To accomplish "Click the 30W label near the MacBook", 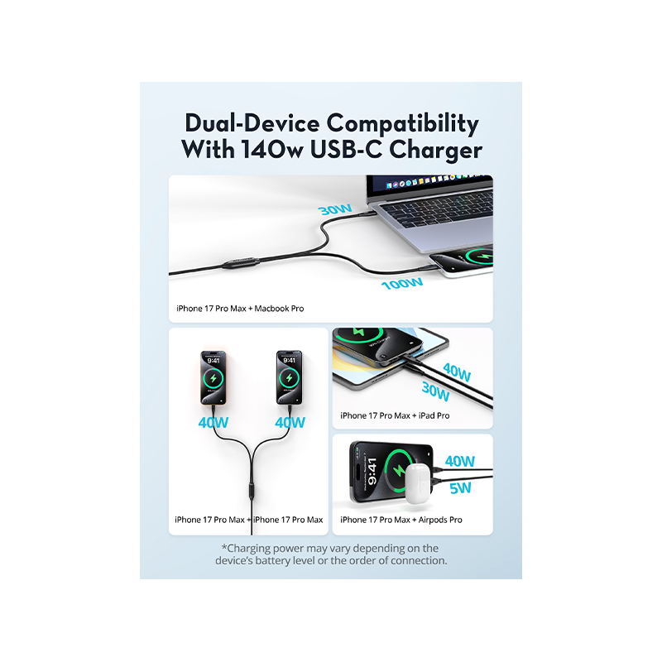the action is pyautogui.click(x=335, y=209).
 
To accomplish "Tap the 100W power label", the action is pyautogui.click(x=402, y=283).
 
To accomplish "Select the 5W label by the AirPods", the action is pyautogui.click(x=460, y=488).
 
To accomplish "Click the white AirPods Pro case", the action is pyautogui.click(x=420, y=483).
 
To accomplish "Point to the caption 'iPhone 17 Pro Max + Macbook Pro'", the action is pyautogui.click(x=240, y=309).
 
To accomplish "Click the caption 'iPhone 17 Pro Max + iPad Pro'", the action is pyautogui.click(x=395, y=415).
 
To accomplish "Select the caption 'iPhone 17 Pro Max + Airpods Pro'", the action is pyautogui.click(x=401, y=520).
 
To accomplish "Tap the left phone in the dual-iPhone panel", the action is pyautogui.click(x=213, y=377).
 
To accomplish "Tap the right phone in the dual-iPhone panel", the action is pyautogui.click(x=289, y=377).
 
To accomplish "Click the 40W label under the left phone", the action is pyautogui.click(x=213, y=422).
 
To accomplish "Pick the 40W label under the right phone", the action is pyautogui.click(x=290, y=422).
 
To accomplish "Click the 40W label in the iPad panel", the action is pyautogui.click(x=457, y=372).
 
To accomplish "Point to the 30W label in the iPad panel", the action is pyautogui.click(x=436, y=391).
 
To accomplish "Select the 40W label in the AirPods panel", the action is pyautogui.click(x=460, y=461).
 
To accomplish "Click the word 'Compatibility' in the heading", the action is pyautogui.click(x=402, y=124).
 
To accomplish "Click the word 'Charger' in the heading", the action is pyautogui.click(x=435, y=151).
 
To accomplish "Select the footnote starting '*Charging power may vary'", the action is pyautogui.click(x=331, y=554).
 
